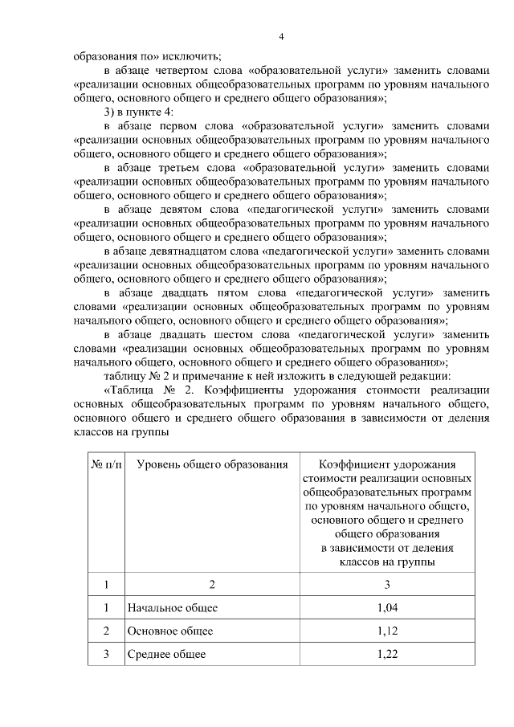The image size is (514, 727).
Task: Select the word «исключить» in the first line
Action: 195,56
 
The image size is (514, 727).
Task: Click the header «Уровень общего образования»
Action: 211,464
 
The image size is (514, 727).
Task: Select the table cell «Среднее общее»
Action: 166,655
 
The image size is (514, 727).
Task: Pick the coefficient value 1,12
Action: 386,631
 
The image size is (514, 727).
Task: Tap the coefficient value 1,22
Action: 386,655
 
